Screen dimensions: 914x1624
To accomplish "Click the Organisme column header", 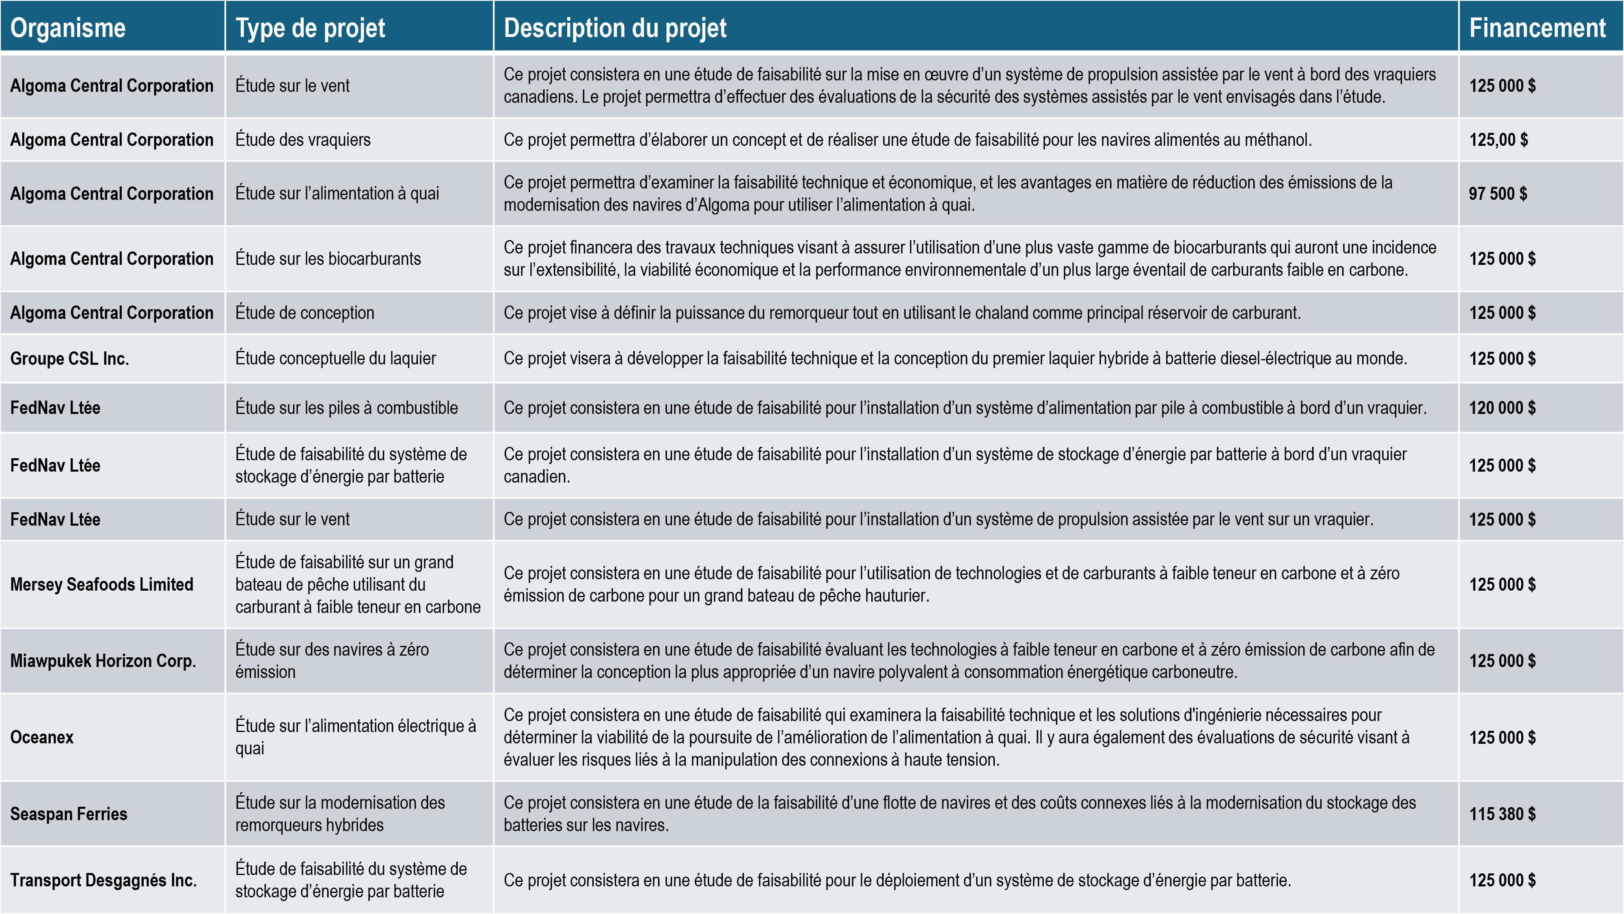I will coord(68,28).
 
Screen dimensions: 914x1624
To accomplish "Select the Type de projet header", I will coord(310,28).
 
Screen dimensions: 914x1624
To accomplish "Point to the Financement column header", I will coord(1537,28).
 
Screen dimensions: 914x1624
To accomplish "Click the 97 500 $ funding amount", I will coord(1497,194).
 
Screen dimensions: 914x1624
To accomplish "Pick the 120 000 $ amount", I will coord(1502,407).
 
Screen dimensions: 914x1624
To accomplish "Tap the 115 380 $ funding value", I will coord(1502,814).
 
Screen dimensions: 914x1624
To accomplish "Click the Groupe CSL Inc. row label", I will coord(69,358).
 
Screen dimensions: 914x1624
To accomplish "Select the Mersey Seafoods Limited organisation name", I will coord(101,584).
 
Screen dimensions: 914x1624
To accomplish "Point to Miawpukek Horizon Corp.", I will coord(103,661).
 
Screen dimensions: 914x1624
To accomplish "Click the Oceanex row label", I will coord(41,737).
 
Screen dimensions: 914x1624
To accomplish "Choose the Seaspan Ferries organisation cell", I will coord(69,814).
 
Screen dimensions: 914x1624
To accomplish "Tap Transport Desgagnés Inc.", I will coord(104,880).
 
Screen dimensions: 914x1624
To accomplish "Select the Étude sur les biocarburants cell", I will coord(328,259).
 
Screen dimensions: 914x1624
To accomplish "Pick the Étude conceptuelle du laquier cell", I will coord(335,358).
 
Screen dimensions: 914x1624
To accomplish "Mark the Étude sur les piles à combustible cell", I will coord(346,407).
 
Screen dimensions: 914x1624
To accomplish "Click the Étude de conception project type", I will coord(304,313).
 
